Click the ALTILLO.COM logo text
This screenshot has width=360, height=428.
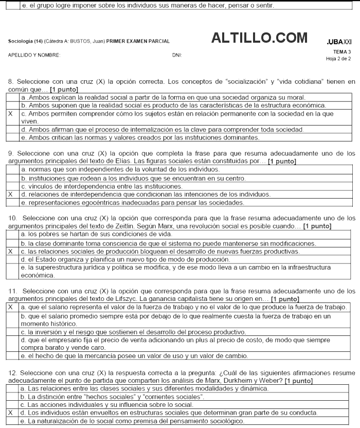tap(259, 38)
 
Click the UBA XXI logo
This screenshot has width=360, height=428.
tap(339, 41)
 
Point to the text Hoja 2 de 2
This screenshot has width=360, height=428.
tap(339, 58)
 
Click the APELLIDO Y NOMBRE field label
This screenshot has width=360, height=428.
tap(34, 54)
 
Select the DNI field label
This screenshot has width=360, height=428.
tap(177, 54)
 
